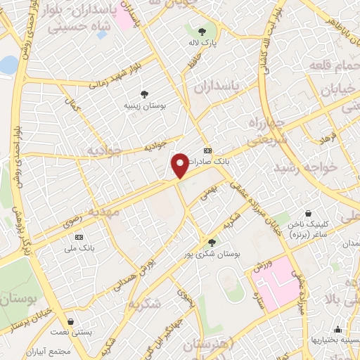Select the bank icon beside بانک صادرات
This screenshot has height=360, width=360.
tap(207, 151)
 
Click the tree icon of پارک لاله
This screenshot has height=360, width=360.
tap(202, 32)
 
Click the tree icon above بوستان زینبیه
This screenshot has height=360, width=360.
tap(144, 94)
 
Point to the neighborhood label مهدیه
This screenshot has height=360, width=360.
tap(100, 211)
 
